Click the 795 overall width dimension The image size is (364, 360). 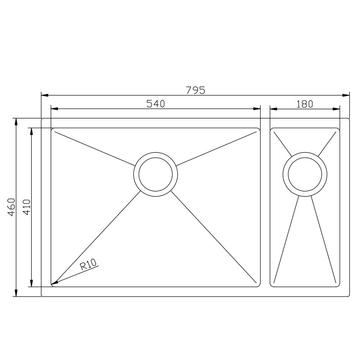pos(195,90)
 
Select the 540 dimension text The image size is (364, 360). pos(155,104)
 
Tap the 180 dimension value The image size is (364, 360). pos(305,104)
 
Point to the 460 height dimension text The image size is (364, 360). pos(11,207)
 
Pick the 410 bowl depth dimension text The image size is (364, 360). pos(26,207)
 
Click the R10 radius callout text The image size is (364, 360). pos(89,266)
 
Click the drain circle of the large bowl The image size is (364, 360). pos(155,174)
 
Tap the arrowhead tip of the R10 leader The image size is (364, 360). pos(52,284)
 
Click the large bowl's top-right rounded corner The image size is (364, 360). pos(259,129)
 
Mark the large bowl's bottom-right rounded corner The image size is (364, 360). pos(259,286)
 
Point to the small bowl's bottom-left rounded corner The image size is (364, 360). pos(271,286)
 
